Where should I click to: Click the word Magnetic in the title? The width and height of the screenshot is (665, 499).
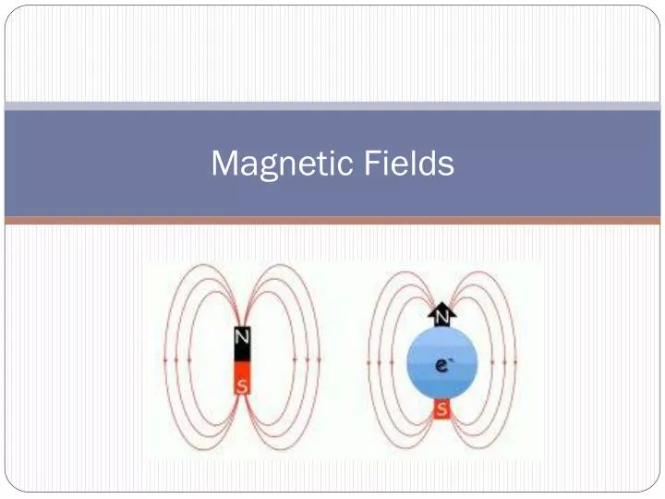coord(276,164)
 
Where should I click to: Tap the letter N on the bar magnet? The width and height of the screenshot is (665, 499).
coord(242,339)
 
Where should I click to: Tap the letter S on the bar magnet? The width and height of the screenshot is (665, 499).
coord(242,386)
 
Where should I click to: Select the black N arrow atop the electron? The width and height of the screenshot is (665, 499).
coord(441,315)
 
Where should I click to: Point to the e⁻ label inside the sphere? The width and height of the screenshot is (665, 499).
coord(443,366)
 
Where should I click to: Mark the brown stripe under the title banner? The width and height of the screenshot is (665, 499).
coord(332,221)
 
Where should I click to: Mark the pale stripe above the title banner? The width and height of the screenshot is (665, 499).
coord(332,106)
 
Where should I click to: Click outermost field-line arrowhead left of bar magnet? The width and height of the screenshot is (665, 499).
coord(165,359)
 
